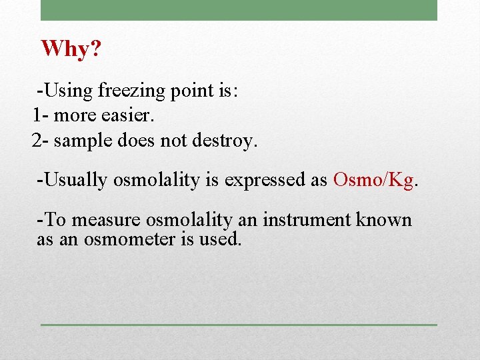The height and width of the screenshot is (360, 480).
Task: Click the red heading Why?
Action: click(x=70, y=49)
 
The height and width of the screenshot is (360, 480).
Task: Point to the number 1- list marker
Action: click(x=40, y=115)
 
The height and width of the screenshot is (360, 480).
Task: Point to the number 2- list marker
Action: click(x=40, y=141)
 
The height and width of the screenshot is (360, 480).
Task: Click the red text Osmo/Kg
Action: click(x=373, y=180)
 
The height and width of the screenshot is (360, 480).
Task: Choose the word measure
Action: click(x=107, y=220)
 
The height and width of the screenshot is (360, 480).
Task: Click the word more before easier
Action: click(x=74, y=115)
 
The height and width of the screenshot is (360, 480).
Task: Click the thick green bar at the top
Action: click(x=239, y=10)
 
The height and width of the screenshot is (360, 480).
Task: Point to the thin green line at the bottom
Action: click(x=239, y=325)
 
